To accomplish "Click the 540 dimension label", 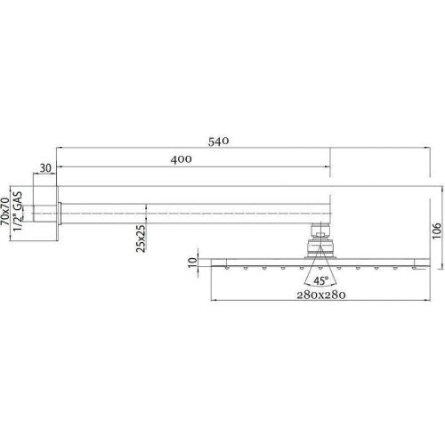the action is coord(218,142).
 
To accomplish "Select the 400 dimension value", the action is coord(181,159).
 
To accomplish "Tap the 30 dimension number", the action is coord(45,168).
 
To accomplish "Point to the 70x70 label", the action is coord(5,212).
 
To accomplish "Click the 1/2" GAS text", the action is coord(18,212).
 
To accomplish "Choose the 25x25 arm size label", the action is coord(141,239).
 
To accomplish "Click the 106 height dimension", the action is coord(436,231).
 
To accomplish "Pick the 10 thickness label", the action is coord(193,263).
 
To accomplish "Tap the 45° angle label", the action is coord(321,280).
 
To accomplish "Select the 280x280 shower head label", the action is coord(321,295).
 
